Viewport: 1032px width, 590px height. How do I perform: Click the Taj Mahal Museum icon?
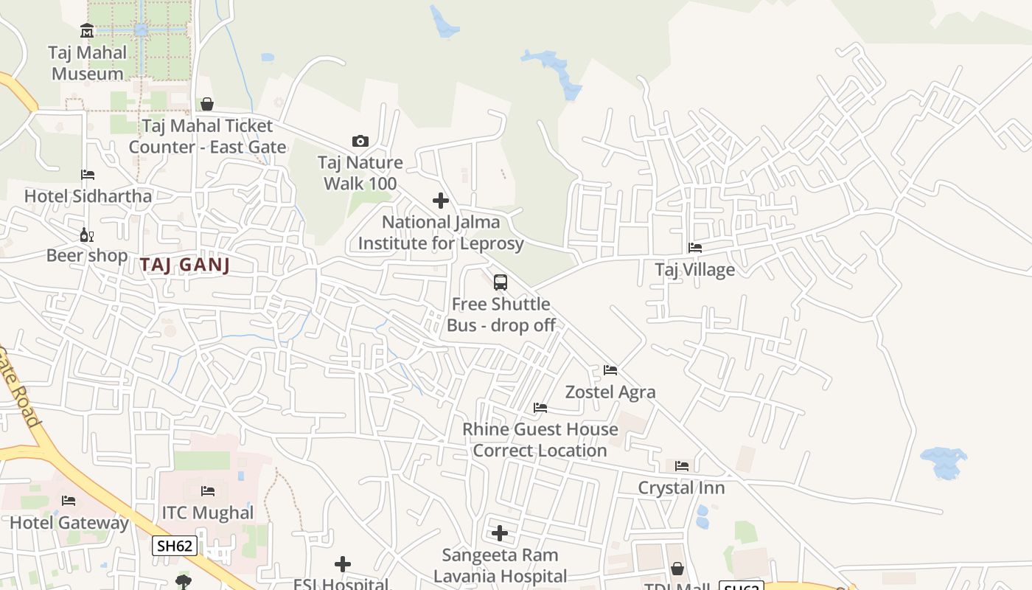click(87, 31)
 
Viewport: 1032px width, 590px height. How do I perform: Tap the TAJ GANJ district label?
click(184, 265)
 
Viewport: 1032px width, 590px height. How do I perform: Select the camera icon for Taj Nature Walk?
click(360, 141)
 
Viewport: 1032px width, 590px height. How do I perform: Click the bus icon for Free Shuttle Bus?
click(500, 282)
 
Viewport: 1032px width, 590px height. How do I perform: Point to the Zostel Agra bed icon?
click(610, 370)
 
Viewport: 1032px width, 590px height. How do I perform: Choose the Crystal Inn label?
click(681, 487)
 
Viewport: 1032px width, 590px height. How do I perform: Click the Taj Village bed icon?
click(694, 248)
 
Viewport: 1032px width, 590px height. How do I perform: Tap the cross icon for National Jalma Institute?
click(440, 201)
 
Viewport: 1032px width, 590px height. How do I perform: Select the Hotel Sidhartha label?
click(88, 196)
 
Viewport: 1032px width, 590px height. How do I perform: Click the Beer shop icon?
click(86, 235)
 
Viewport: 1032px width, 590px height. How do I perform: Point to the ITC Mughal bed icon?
click(208, 491)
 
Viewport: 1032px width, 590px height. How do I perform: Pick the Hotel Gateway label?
click(69, 523)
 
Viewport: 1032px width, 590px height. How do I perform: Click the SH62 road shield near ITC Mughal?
click(175, 546)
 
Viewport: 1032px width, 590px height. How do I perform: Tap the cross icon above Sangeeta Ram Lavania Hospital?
click(500, 533)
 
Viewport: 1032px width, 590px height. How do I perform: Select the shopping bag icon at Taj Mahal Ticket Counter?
click(207, 104)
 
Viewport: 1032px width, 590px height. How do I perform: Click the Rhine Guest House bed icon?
click(540, 408)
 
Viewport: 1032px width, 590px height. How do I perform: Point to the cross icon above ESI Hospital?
click(342, 565)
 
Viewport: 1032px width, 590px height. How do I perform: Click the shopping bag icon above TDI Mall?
click(677, 569)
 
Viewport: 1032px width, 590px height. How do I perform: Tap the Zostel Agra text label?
click(610, 392)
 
